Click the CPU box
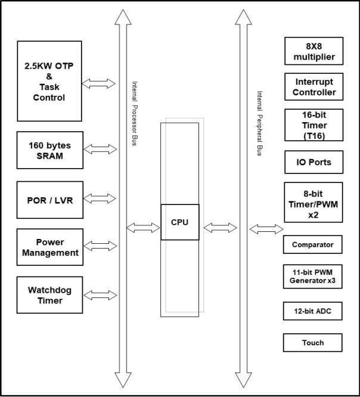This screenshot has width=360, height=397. click(180, 222)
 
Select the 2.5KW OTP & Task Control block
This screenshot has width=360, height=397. click(49, 80)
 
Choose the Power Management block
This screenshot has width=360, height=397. click(49, 247)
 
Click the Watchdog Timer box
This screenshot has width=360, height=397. click(49, 295)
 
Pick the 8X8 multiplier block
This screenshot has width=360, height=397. click(314, 52)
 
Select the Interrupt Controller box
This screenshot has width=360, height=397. click(314, 87)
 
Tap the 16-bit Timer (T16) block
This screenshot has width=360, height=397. click(314, 124)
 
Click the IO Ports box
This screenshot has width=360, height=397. click(314, 162)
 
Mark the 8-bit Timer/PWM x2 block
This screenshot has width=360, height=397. click(314, 201)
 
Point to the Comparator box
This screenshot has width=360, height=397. click(314, 244)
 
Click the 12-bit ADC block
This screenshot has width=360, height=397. click(314, 311)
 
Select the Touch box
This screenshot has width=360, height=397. click(314, 342)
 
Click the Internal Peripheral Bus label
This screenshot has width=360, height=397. click(259, 123)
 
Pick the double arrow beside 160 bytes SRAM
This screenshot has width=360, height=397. click(100, 149)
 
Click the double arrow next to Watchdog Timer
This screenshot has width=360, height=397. click(100, 294)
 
